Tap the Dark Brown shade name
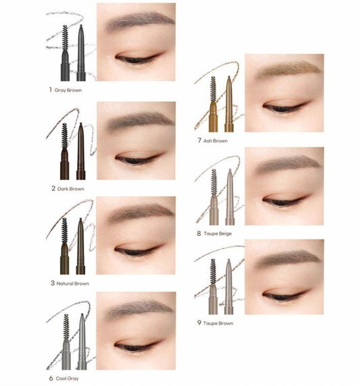click(x=70, y=188)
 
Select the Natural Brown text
click(x=72, y=283)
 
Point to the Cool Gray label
click(x=68, y=379)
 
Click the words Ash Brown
click(x=215, y=141)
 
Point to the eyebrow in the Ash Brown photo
click(x=284, y=68)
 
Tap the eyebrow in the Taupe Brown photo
click(x=284, y=254)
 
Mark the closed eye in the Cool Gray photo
click(x=132, y=347)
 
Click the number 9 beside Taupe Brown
click(x=199, y=323)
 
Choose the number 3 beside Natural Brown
click(x=52, y=283)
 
